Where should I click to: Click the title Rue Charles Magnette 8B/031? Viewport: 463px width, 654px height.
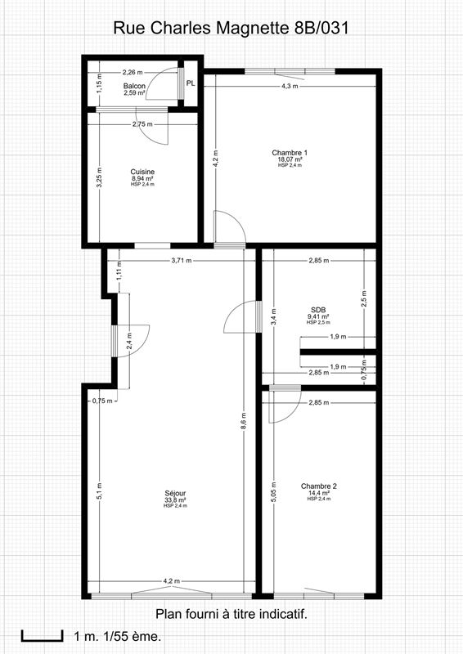(231, 29)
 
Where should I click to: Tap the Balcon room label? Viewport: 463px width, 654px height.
(134, 85)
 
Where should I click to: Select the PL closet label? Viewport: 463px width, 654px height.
(191, 83)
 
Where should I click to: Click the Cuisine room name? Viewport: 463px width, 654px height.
(142, 172)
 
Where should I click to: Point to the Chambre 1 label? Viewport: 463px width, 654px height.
(290, 153)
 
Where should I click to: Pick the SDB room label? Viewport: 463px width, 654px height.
(318, 310)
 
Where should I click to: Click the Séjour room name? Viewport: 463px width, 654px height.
(175, 493)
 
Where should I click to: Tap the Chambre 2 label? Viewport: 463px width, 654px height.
(318, 486)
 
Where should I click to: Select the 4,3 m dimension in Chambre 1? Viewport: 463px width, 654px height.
(289, 86)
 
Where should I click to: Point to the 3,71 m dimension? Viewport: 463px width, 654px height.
(181, 261)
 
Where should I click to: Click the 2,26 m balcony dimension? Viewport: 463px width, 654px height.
(132, 71)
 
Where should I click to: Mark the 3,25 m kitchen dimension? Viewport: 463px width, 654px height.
(99, 181)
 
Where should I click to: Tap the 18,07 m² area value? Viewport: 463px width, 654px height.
(290, 159)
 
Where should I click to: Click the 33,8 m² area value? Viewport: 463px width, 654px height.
(175, 499)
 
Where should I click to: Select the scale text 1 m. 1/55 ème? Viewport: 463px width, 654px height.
(117, 635)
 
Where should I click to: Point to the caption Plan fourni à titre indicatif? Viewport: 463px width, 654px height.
(231, 613)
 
